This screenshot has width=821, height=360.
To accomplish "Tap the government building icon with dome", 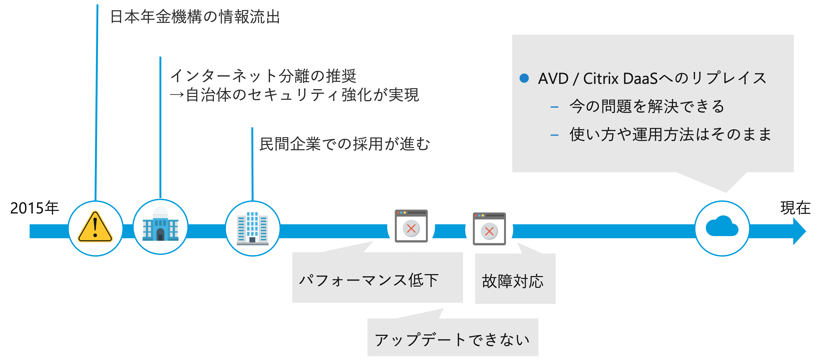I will [x=160, y=225].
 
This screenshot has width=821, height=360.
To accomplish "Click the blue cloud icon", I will [x=722, y=227].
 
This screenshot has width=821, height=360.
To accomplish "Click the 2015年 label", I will [x=34, y=208].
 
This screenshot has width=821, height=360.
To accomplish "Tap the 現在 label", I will [x=795, y=208].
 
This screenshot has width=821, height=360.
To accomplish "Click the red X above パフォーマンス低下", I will [x=411, y=228].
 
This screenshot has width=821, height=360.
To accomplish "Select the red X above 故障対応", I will [x=489, y=231].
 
